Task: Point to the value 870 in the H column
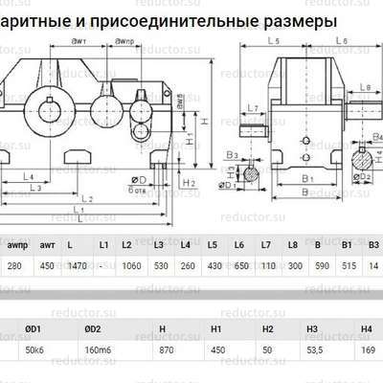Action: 163,350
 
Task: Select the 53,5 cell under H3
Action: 312,350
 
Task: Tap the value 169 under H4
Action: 366,350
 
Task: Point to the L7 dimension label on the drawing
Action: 252,108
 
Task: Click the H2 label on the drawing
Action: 191,182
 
